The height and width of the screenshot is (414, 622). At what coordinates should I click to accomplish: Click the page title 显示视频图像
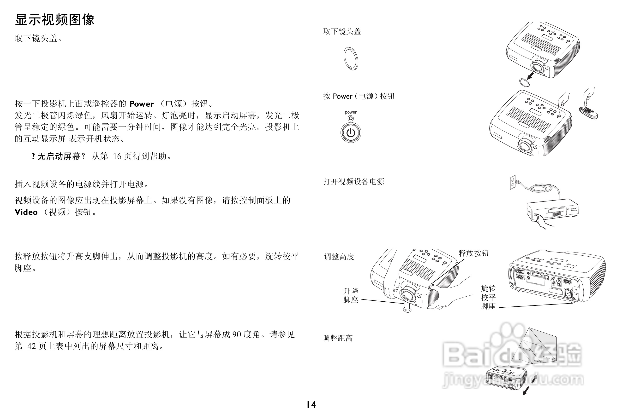[x=54, y=20]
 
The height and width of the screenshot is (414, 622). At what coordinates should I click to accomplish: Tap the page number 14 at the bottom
[x=311, y=404]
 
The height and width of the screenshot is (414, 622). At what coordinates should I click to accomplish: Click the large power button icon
[x=351, y=133]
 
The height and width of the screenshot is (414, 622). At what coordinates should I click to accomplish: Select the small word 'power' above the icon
[x=351, y=112]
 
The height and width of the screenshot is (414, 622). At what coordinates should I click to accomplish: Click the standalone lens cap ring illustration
[x=351, y=59]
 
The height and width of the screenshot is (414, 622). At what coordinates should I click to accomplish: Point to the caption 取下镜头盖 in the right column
[x=342, y=32]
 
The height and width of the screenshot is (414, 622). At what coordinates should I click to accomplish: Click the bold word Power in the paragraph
[x=142, y=104]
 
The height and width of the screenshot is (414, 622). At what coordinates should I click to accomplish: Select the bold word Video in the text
[x=26, y=212]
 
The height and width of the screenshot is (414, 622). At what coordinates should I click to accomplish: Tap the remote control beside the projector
[x=588, y=113]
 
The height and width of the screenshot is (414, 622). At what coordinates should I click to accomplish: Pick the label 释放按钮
[x=474, y=253]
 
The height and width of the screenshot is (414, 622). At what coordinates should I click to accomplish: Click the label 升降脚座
[x=351, y=295]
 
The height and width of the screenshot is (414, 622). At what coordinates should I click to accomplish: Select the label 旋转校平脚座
[x=488, y=297]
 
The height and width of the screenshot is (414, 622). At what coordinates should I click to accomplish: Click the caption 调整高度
[x=339, y=257]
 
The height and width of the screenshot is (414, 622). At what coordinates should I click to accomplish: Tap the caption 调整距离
[x=338, y=338]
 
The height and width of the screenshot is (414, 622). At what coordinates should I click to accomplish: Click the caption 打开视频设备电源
[x=353, y=182]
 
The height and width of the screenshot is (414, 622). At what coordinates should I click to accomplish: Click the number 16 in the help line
[x=117, y=156]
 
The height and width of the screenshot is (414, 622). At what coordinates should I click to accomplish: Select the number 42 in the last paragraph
[x=31, y=346]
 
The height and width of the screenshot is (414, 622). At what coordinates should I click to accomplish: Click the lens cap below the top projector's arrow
[x=524, y=82]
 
